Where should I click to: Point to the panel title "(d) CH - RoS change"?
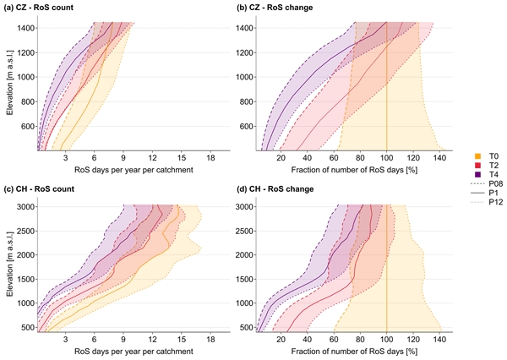[x=286, y=188]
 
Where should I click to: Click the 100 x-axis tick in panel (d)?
[x=386, y=340]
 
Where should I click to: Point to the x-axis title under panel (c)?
[x=123, y=351]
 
